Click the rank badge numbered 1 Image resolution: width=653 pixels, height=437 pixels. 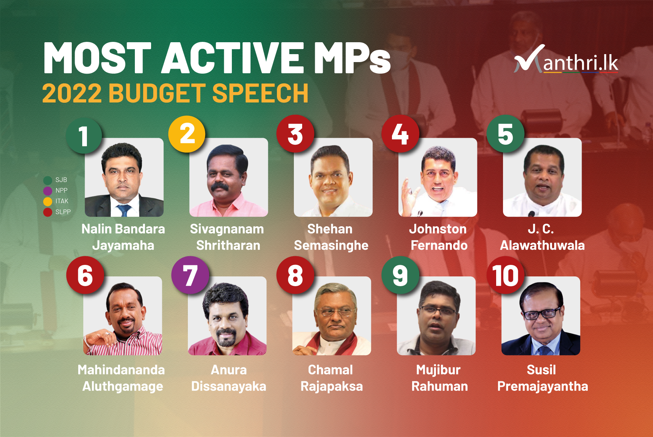pos(84,135)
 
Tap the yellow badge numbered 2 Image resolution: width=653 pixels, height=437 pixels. pos(187,134)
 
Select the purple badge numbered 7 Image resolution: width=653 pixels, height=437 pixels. pos(190,275)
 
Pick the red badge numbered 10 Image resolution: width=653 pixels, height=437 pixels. pos(505,275)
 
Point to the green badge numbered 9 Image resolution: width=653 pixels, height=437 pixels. pos(400,275)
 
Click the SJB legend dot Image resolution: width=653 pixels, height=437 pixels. pos(48,180)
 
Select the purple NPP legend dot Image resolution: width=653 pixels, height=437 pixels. pos(48,191)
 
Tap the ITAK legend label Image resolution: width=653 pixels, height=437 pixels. pos(62,201)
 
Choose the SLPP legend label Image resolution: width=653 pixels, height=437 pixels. pos(63,212)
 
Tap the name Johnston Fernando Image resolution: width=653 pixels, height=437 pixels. pos(438,237)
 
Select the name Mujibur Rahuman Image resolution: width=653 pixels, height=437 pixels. pos(440,378)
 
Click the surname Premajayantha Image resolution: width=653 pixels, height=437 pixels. pos(542,386)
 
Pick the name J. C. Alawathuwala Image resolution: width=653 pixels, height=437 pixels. pos(542,237)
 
